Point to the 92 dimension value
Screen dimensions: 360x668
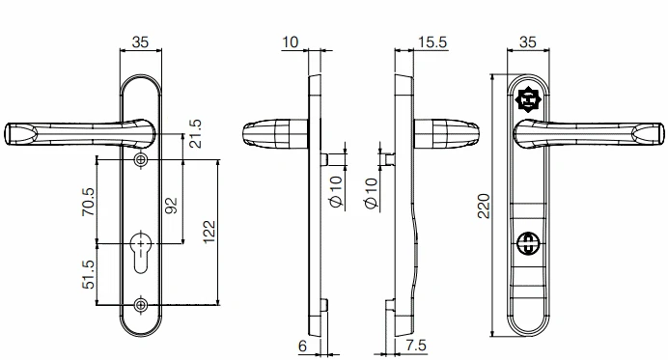172,206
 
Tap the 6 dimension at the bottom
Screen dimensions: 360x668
303,345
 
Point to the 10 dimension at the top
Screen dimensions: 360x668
290,43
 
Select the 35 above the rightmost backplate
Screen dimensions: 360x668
528,43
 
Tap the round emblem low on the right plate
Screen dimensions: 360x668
528,245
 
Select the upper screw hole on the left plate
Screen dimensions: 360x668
142,159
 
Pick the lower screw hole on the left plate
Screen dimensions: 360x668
142,306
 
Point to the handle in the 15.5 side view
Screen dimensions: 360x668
449,134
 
